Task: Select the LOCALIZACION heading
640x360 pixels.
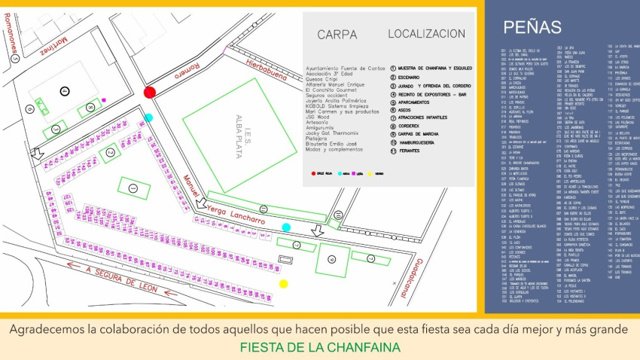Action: [x=426, y=34]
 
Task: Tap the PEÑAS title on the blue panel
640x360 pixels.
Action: [x=532, y=27]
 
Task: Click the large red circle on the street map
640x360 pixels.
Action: [x=150, y=92]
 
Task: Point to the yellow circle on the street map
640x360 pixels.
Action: [x=284, y=284]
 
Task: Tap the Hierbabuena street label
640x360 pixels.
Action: [x=262, y=69]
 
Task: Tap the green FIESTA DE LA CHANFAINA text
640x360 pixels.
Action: [x=320, y=348]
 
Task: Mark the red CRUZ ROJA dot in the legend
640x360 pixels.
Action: [x=313, y=173]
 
